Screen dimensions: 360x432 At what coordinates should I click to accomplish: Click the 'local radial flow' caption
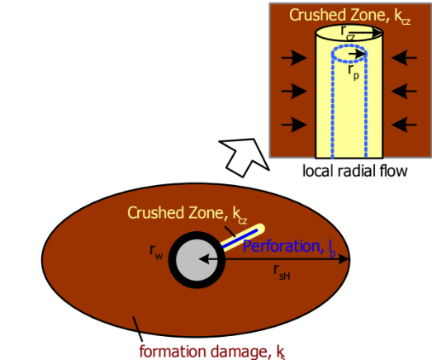(350, 171)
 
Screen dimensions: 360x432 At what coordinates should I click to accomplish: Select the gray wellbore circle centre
(197, 261)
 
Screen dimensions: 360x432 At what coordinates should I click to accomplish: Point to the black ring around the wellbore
(175, 261)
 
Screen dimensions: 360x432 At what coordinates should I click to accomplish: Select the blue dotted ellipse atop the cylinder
(351, 54)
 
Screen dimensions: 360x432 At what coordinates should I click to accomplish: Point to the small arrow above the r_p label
(354, 54)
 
